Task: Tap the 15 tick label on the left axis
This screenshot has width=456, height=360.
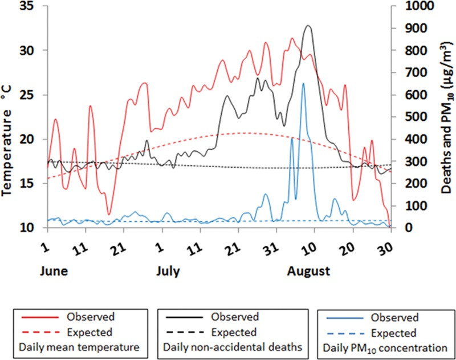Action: (x=28, y=183)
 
